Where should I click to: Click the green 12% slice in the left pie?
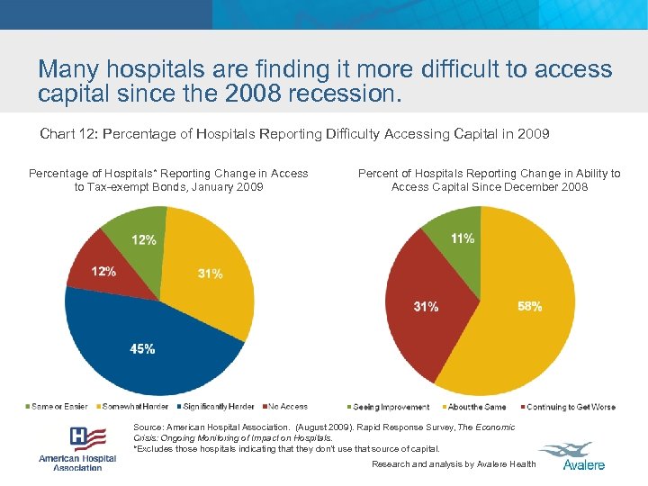[139, 232]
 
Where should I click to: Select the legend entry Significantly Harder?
[219, 407]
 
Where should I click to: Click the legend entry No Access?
[285, 407]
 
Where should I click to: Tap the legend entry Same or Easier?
[58, 407]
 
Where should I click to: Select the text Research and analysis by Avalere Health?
[454, 464]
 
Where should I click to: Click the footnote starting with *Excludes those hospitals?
[286, 448]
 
